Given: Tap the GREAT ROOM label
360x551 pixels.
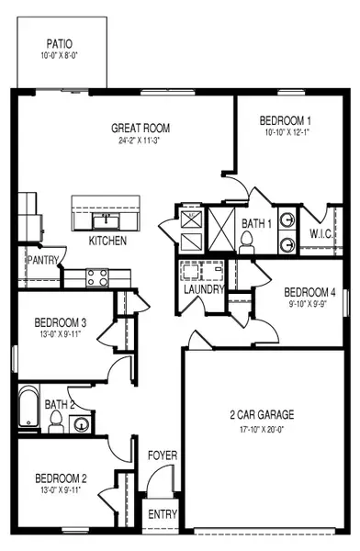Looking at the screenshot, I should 141,129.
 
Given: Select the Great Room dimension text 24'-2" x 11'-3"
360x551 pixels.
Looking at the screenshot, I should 141,141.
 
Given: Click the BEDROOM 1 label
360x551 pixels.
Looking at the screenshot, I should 285,120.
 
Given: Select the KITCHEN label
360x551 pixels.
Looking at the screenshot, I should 107,241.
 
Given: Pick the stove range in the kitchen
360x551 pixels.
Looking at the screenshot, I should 98,274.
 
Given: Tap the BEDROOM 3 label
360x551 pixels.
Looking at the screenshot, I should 61,322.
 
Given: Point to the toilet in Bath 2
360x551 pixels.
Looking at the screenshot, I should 56,421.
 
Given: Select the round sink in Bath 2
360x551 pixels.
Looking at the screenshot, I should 82,423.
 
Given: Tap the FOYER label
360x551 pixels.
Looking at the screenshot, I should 163,455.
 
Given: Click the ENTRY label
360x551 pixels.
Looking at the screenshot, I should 163,514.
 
